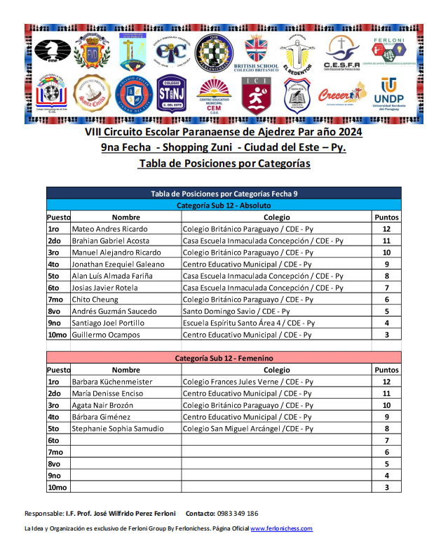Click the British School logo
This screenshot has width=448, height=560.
tap(262, 53)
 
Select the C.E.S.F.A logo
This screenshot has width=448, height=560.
tap(342, 53)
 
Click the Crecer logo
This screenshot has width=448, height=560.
tap(343, 95)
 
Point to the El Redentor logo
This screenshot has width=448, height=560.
tap(301, 53)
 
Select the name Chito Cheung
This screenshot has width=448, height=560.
tap(95, 300)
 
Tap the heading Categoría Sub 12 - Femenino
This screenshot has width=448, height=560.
tap(224, 358)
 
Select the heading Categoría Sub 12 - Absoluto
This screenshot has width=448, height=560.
tap(224, 206)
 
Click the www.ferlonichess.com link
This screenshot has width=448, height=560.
tap(281, 528)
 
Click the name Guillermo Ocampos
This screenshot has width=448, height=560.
tap(105, 335)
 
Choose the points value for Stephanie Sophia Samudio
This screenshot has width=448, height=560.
tap(386, 429)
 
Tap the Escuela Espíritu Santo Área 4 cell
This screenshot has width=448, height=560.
tap(249, 323)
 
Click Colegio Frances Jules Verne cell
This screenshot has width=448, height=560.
tap(247, 382)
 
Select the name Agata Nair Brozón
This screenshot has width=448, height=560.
tap(103, 406)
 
